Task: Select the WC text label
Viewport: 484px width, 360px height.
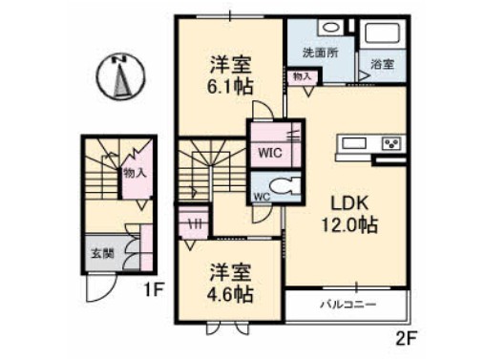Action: tap(261, 198)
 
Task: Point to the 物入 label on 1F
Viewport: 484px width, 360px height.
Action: tap(135, 173)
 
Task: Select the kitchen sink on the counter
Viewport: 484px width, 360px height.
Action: tap(349, 143)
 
